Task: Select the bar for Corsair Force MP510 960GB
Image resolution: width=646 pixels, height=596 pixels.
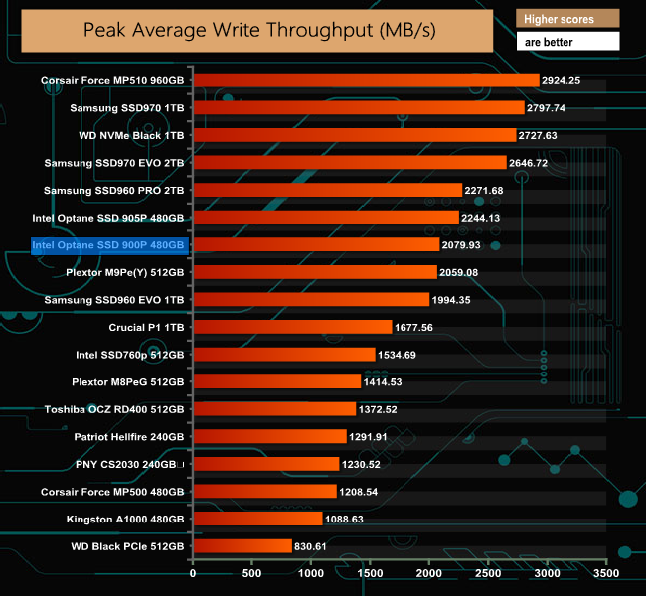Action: click(x=365, y=79)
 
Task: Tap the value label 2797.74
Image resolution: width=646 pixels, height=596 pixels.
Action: click(x=562, y=107)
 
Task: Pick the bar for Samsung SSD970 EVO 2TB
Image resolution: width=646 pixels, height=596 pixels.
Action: click(x=349, y=162)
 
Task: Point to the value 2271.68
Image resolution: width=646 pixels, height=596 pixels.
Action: click(x=498, y=190)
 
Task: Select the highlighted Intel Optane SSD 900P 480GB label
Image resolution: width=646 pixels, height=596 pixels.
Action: click(x=108, y=244)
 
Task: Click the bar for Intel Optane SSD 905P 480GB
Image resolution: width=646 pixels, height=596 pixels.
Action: click(x=325, y=217)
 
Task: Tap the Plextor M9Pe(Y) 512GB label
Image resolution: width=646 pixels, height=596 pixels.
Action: click(x=125, y=271)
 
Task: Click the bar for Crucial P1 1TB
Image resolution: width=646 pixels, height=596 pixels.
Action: click(x=292, y=326)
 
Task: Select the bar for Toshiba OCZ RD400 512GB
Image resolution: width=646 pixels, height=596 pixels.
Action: click(x=273, y=408)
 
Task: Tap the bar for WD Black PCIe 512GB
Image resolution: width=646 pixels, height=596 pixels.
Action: click(x=242, y=545)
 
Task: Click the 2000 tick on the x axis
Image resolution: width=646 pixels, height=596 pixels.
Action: click(x=428, y=573)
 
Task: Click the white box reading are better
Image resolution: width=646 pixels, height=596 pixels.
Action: click(x=567, y=42)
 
